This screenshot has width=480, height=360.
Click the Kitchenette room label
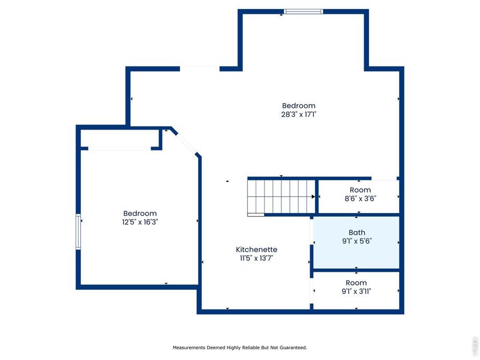(x=256, y=249)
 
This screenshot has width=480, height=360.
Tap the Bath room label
(x=356, y=233)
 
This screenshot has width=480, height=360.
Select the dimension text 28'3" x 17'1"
(x=298, y=114)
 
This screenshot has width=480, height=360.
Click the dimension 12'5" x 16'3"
(x=140, y=222)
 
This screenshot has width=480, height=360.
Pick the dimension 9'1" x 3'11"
(x=356, y=292)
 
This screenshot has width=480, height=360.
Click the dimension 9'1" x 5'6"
(x=356, y=242)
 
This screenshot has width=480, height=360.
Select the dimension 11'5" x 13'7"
(x=256, y=259)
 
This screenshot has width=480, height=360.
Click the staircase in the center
(x=281, y=196)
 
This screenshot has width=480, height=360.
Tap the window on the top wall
(x=303, y=11)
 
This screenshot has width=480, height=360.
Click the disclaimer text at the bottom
(x=240, y=347)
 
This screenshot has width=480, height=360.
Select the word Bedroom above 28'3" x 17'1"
(x=298, y=106)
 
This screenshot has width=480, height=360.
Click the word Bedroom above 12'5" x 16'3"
(x=140, y=213)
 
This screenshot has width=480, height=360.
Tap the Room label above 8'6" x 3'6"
(x=360, y=190)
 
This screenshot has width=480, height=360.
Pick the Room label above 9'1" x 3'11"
(x=356, y=283)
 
